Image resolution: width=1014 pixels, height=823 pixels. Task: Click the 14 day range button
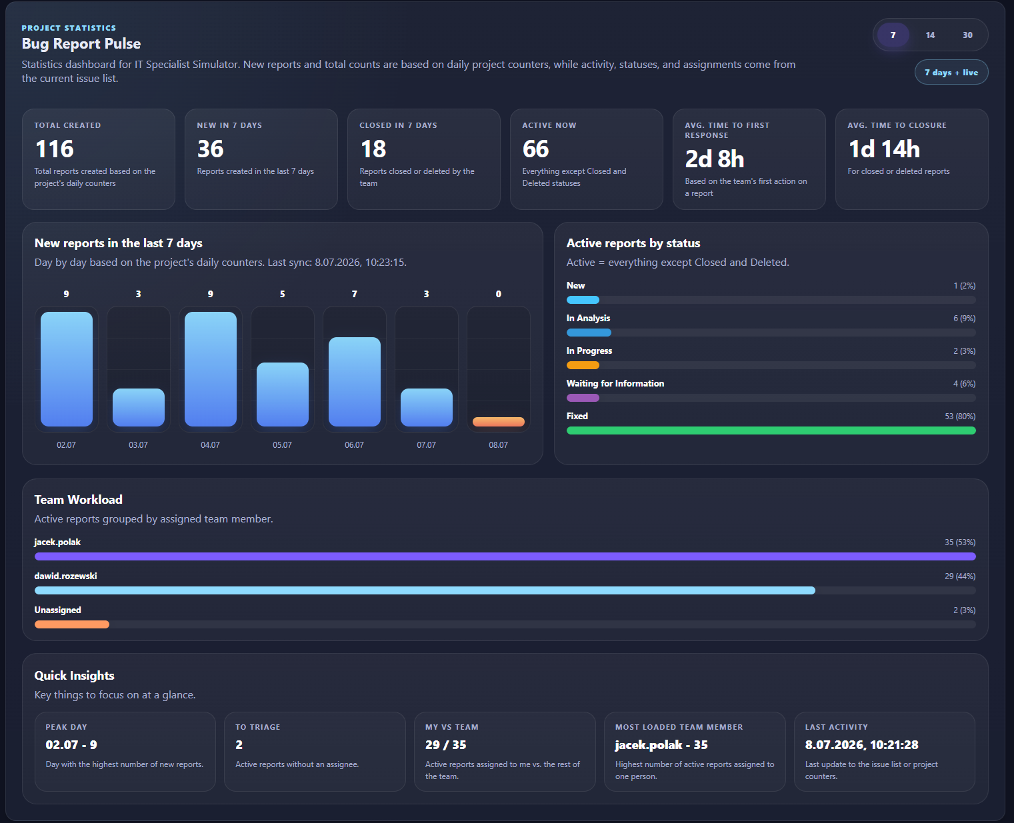click(x=930, y=35)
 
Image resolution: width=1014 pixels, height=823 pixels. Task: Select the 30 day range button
click(x=967, y=35)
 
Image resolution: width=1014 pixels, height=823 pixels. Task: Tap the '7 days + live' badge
click(x=951, y=73)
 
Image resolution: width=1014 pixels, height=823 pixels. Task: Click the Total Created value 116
click(x=54, y=149)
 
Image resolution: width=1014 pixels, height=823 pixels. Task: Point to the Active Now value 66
click(x=535, y=149)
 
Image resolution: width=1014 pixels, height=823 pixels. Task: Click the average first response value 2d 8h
click(x=714, y=159)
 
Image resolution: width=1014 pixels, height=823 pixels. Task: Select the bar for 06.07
click(x=355, y=382)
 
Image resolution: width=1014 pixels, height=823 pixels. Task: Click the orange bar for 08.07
click(x=499, y=421)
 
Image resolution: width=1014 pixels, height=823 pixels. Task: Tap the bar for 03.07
click(x=139, y=407)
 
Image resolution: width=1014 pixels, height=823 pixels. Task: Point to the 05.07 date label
click(x=282, y=444)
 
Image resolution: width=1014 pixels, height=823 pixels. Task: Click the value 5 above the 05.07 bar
click(x=282, y=294)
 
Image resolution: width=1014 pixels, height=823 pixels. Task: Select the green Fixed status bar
click(x=771, y=430)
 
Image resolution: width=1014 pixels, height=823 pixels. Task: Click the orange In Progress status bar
click(x=583, y=365)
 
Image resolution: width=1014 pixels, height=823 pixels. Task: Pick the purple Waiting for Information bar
click(x=583, y=398)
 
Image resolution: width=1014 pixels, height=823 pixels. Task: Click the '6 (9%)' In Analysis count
click(x=964, y=319)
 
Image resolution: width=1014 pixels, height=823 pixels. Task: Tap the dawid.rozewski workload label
click(x=66, y=576)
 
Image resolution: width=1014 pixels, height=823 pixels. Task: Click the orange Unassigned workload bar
click(x=72, y=624)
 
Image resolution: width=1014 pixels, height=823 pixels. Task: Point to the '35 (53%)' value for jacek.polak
click(x=960, y=542)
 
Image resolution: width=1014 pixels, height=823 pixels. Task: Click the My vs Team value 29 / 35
click(x=445, y=745)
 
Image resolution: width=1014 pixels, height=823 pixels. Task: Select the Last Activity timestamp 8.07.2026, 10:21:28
click(x=861, y=745)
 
